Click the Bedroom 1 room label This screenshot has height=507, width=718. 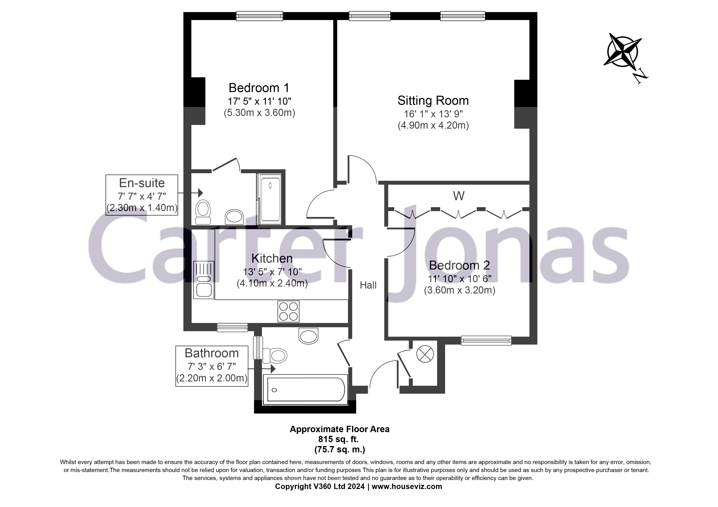pos(259,88)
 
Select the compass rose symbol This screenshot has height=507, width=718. pos(622,52)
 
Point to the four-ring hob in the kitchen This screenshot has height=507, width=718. pos(288,311)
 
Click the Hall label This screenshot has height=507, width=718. pos(368,285)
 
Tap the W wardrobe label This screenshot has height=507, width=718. pos(458,196)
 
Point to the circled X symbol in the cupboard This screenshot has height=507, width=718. pos(425,354)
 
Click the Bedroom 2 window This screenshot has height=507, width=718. pos(486,341)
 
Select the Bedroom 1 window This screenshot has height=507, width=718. pos(259,16)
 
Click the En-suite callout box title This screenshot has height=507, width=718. pos(142,183)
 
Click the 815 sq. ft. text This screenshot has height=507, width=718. pos(338,439)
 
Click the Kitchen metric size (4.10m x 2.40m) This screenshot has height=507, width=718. pos(272,283)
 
